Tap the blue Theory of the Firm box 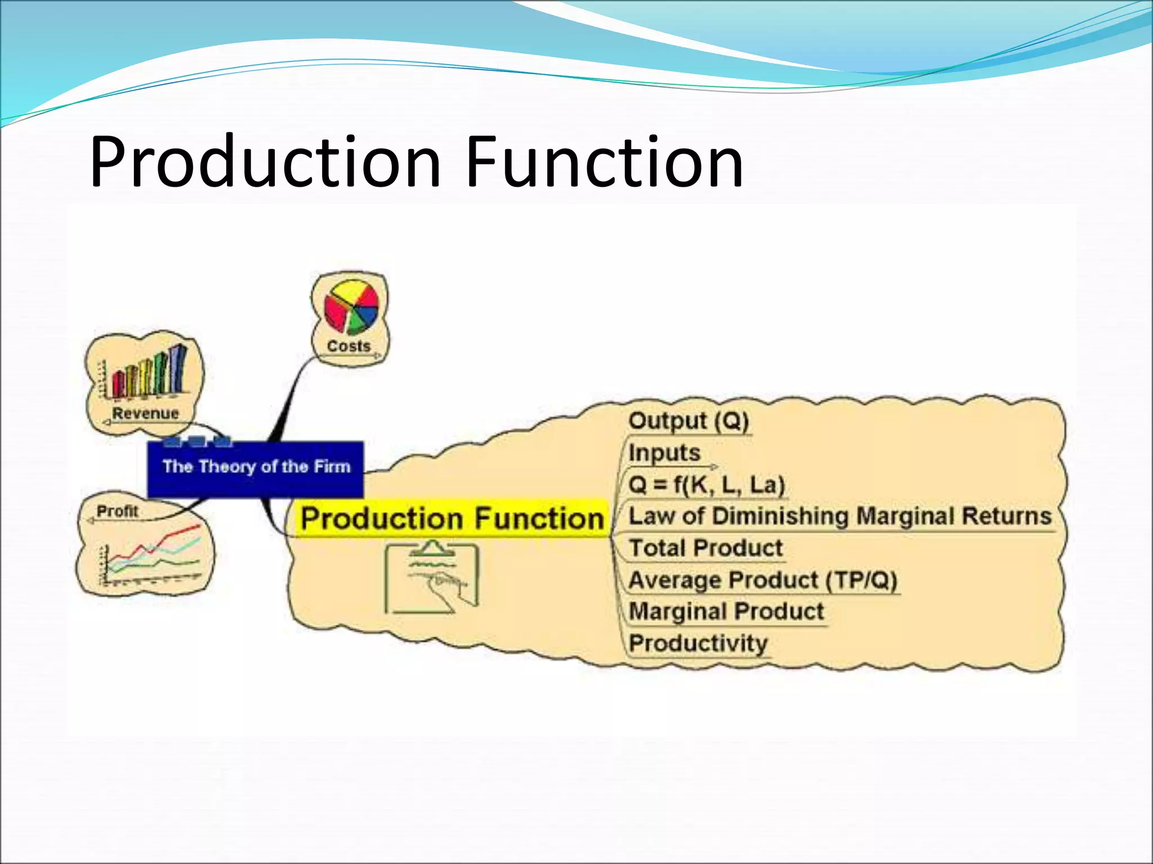[256, 469]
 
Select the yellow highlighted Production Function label [452, 518]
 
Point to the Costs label [349, 346]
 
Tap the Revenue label [145, 413]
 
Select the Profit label [117, 511]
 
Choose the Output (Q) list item [689, 421]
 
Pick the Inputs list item [664, 453]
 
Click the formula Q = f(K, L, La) [707, 484]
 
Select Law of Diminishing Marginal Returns [839, 516]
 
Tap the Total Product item [706, 548]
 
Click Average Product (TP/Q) [763, 580]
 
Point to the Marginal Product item [726, 611]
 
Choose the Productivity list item [698, 643]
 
